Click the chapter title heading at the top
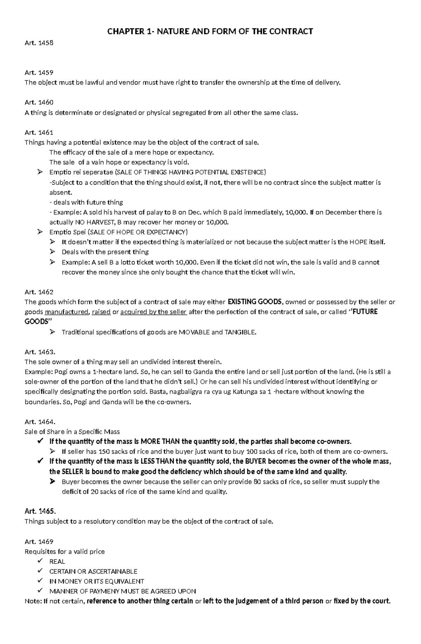(210, 32)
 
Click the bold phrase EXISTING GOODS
(255, 302)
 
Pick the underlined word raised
(101, 312)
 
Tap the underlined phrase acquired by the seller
(153, 312)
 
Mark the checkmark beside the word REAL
(42, 561)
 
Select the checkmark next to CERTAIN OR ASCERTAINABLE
(42, 571)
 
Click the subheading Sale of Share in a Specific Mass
(72, 432)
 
